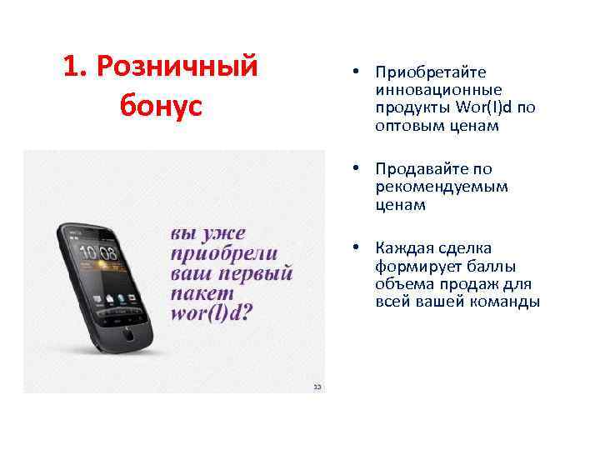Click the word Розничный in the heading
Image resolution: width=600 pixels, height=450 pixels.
177,66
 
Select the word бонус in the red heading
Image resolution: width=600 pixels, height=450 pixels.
161,105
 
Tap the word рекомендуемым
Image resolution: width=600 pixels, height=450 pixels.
441,187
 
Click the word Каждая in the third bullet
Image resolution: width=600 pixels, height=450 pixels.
403,248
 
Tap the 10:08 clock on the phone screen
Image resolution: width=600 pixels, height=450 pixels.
97,253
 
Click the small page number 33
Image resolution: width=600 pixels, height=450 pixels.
317,387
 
